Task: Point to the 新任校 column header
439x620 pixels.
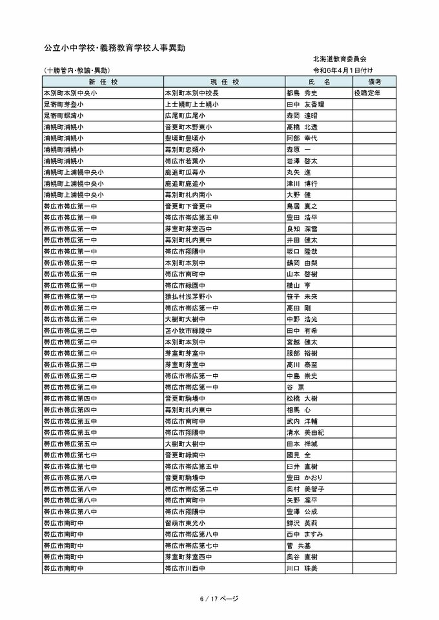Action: [x=102, y=82]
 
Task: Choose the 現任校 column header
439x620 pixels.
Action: [x=224, y=82]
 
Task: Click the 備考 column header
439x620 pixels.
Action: [x=374, y=82]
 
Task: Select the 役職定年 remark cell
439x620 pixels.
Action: [x=367, y=93]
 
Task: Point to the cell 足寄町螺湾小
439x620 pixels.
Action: [x=63, y=115]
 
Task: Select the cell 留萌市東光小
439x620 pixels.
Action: [x=185, y=523]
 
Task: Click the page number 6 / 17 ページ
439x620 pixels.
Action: [x=219, y=598]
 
